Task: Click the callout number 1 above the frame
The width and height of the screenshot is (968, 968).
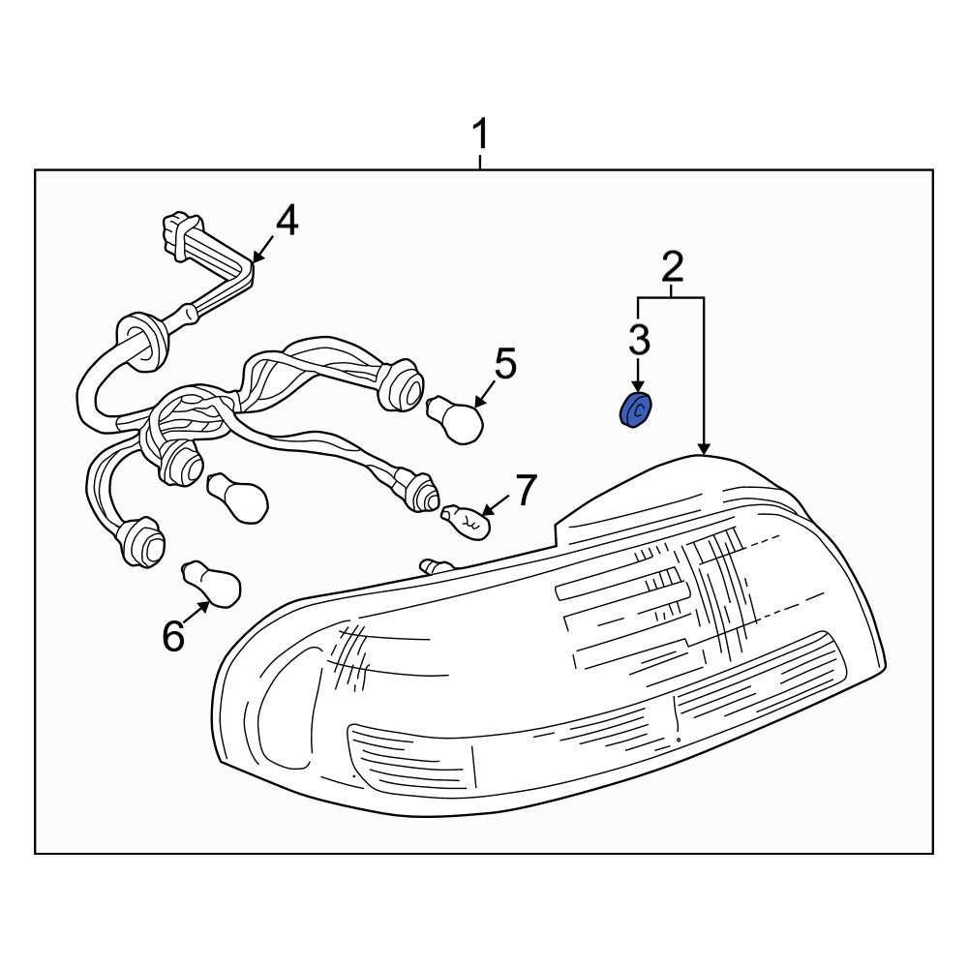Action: coord(480,136)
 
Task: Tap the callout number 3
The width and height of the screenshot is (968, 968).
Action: coord(639,340)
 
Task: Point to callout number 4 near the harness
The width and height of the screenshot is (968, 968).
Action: coord(286,222)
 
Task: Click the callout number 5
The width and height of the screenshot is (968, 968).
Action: coord(505,365)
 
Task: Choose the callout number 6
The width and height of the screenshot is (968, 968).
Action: coord(172,636)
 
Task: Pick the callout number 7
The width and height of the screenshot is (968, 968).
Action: coord(524,491)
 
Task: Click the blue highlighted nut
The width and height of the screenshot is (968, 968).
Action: coord(635,410)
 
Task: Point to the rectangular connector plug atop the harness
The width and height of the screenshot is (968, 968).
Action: coord(175,235)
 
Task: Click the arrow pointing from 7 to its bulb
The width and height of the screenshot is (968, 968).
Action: coord(495,506)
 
